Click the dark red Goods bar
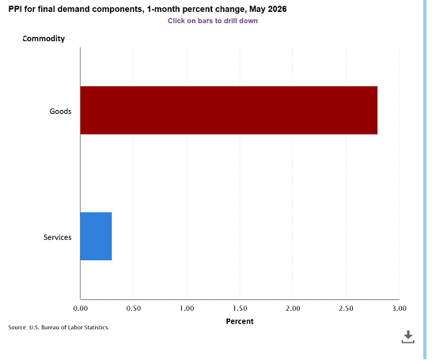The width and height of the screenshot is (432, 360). [x=229, y=110]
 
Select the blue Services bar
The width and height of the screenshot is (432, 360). [x=97, y=236]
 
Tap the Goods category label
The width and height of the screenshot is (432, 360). [x=60, y=112]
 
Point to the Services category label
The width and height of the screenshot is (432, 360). [x=57, y=237]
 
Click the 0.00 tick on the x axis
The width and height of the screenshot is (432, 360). [x=81, y=309]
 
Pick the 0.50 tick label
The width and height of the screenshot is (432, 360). [x=134, y=309]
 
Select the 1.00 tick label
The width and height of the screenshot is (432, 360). [x=187, y=309]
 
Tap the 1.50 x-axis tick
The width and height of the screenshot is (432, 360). [x=240, y=309]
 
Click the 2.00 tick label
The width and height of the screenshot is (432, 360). [x=293, y=309]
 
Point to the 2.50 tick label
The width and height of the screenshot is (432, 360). [x=346, y=309]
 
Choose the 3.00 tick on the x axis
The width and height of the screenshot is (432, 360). [x=400, y=309]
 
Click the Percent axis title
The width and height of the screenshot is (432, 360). [x=240, y=321]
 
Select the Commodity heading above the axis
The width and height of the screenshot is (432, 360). [x=44, y=39]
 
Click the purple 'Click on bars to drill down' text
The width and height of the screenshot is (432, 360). [x=213, y=21]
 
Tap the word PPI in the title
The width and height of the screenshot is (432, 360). [x=15, y=9]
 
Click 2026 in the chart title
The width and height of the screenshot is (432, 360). [x=277, y=9]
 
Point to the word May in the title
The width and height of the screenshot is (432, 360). [x=257, y=9]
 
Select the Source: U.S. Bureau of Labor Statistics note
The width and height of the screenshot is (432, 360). [x=59, y=328]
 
